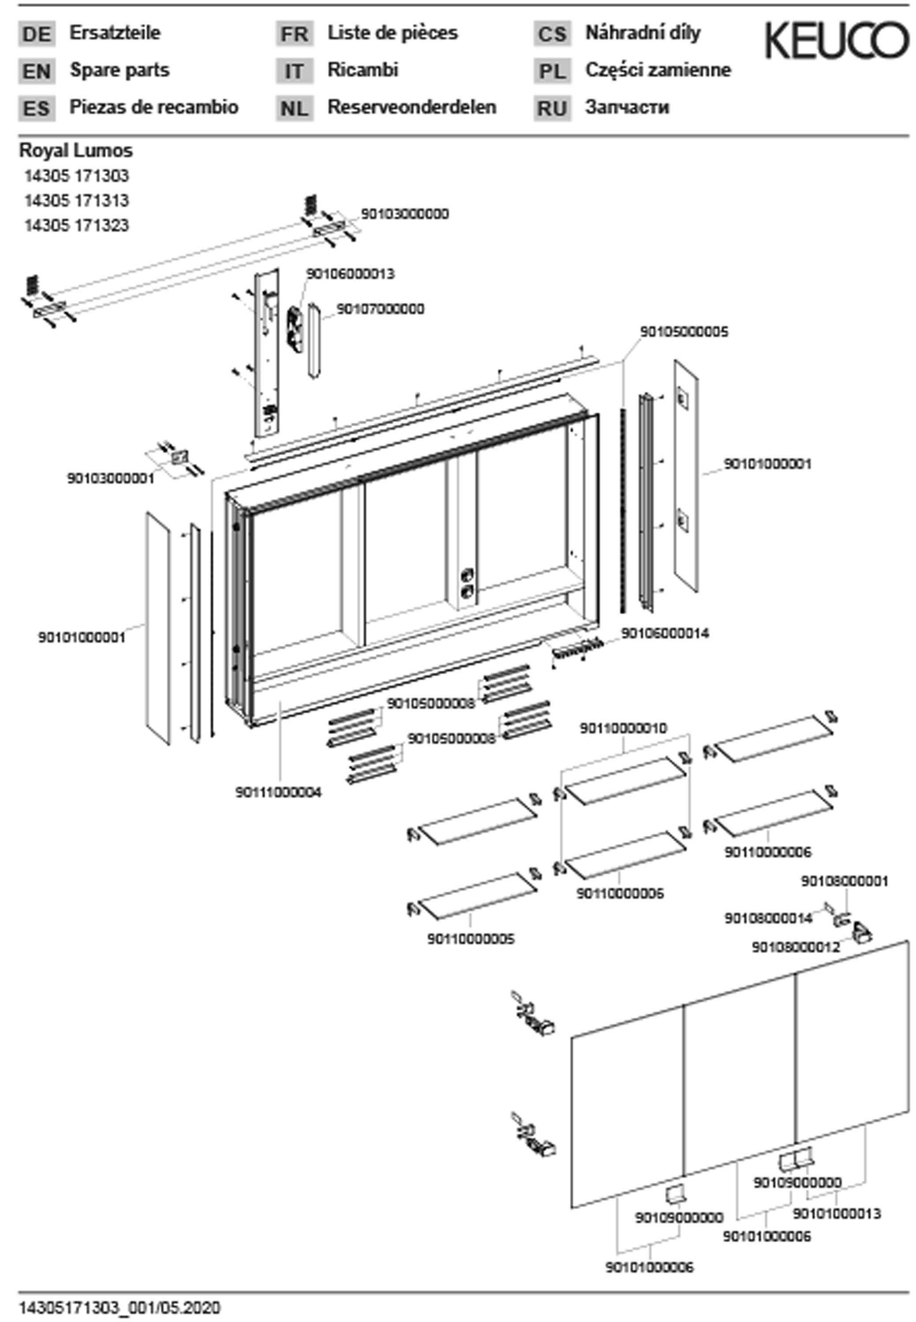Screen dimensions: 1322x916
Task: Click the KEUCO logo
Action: click(x=836, y=40)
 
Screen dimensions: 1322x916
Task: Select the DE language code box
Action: click(x=37, y=34)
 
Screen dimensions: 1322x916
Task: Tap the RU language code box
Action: click(x=552, y=108)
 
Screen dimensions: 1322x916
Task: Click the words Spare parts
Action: click(x=120, y=71)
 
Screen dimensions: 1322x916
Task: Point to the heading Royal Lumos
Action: click(x=76, y=151)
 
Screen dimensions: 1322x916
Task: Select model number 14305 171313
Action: click(x=76, y=201)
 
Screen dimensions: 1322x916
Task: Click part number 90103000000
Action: click(x=404, y=214)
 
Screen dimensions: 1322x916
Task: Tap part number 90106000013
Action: click(x=350, y=274)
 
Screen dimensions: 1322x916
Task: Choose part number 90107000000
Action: click(x=380, y=309)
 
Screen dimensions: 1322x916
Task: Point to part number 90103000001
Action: click(x=111, y=478)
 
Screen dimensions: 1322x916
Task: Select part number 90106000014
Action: click(x=665, y=633)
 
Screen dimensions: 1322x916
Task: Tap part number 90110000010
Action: click(x=623, y=728)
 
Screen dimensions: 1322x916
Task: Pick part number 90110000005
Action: click(x=471, y=939)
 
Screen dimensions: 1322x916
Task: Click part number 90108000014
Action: click(x=768, y=918)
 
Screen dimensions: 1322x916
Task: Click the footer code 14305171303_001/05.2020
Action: click(x=120, y=1307)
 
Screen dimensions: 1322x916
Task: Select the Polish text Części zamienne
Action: click(x=658, y=71)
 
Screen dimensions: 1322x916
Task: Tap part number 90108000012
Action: click(x=796, y=947)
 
